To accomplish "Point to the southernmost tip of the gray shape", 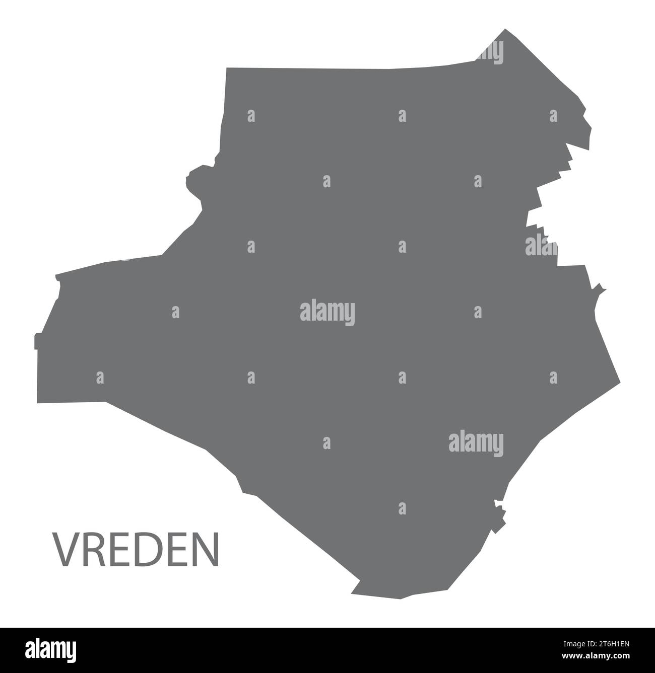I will tap(401, 598).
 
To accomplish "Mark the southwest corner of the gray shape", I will tap(38, 402).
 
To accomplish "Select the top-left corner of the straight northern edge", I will tap(227, 68).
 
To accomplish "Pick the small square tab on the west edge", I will tap(36, 341).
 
